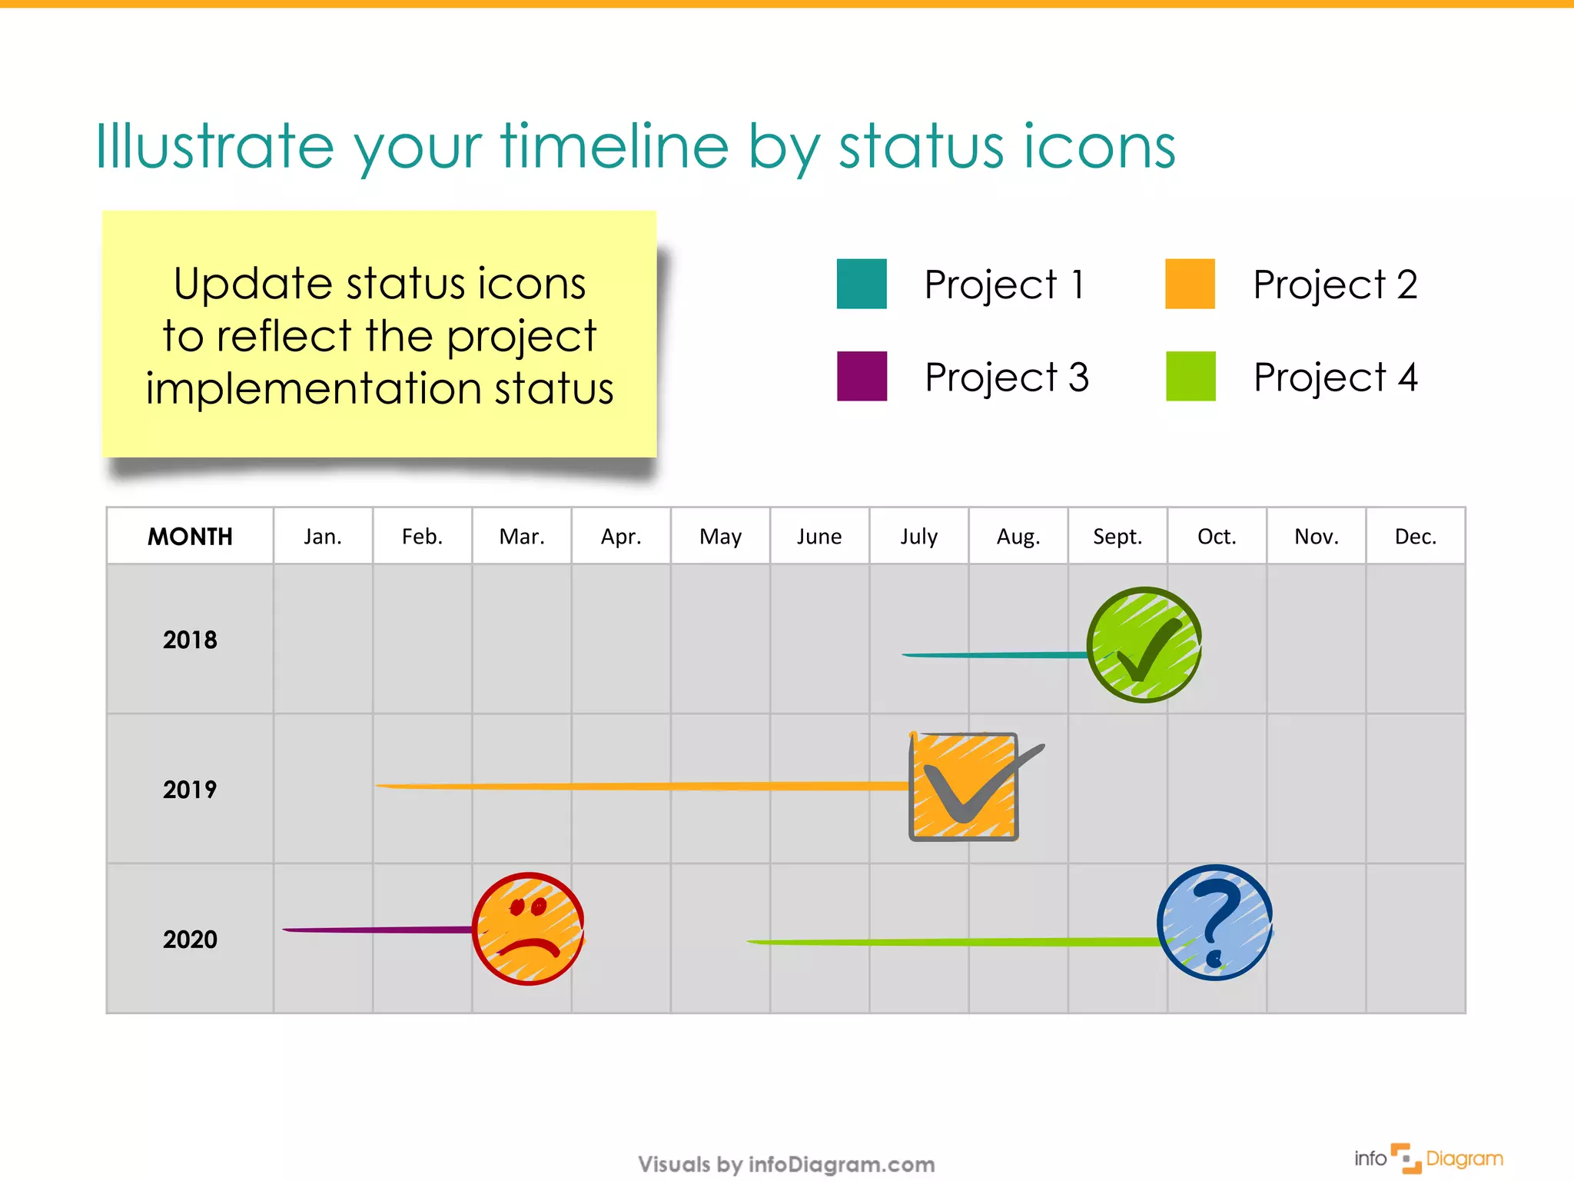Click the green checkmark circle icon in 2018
(1144, 644)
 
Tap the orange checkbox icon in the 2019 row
(964, 787)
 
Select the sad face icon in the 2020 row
(528, 928)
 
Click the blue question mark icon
(1214, 922)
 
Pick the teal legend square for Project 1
(861, 284)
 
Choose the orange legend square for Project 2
(1189, 284)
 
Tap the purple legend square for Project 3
(861, 376)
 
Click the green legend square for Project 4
(1190, 376)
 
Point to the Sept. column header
(1117, 536)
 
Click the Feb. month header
(422, 536)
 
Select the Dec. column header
(1415, 536)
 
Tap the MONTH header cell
(190, 536)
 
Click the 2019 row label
(190, 789)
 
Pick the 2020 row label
(190, 939)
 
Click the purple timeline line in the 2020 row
(377, 930)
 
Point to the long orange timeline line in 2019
(638, 786)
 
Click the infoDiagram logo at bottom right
(1428, 1158)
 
